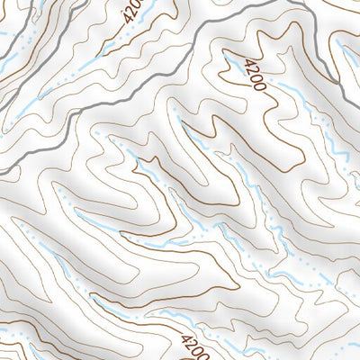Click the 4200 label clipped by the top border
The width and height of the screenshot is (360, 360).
[x=132, y=13]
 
